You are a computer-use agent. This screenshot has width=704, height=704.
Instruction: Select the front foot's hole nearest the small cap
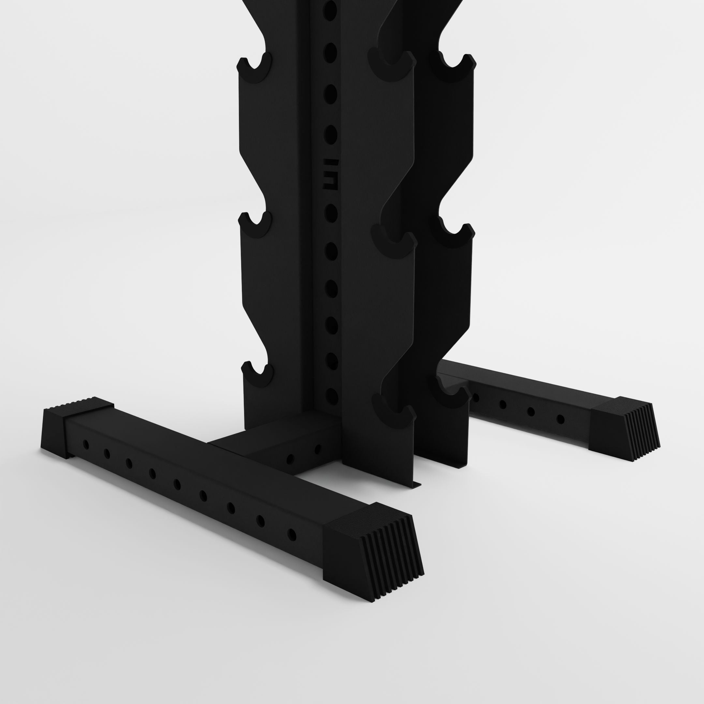coord(86,444)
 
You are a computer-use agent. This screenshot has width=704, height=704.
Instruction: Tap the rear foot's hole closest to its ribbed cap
coord(561,419)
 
